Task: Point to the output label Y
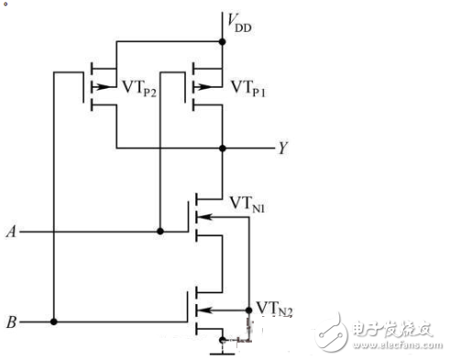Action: click(x=282, y=147)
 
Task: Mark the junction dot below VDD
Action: click(x=223, y=40)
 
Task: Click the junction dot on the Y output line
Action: click(x=223, y=147)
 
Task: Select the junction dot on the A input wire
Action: click(x=160, y=231)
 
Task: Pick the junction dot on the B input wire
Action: click(x=55, y=322)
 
